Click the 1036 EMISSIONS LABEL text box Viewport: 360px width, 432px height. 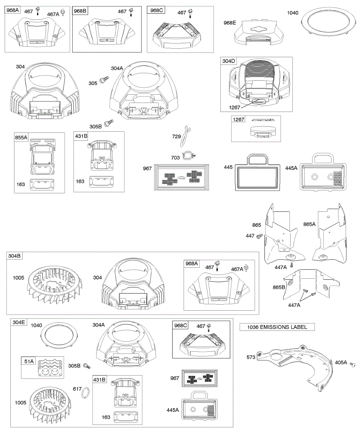[x=277, y=327]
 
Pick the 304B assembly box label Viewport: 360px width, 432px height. [x=14, y=256]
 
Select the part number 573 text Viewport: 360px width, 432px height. [x=251, y=357]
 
